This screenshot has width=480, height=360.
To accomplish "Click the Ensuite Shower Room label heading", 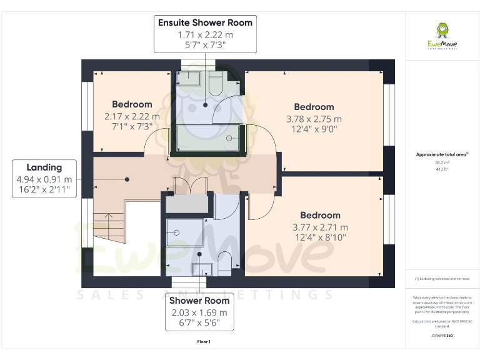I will [x=205, y=22].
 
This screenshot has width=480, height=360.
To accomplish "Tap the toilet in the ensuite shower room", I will [x=216, y=82].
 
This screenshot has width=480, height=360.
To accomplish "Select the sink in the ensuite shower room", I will [x=189, y=79].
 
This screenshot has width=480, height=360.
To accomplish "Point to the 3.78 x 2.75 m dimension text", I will [x=314, y=119].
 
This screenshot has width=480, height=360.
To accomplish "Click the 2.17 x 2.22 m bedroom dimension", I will [x=132, y=116].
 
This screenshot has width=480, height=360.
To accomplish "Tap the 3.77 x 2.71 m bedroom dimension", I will [x=320, y=227].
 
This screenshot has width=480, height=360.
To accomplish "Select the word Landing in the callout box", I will [x=44, y=167].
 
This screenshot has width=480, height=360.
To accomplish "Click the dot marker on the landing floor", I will [x=127, y=179].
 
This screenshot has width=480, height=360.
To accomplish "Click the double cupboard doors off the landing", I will [x=189, y=186].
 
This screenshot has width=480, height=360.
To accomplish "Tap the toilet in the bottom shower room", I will [x=224, y=261].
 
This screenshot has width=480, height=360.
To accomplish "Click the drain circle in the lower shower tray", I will [x=176, y=231].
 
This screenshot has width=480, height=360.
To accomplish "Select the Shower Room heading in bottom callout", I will [x=199, y=301].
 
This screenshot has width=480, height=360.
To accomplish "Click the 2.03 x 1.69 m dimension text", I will [x=199, y=312].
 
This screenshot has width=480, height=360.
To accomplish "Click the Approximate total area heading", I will [x=441, y=154].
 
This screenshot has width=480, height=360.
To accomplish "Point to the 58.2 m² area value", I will [x=441, y=162].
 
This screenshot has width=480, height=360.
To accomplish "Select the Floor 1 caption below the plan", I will [x=204, y=342].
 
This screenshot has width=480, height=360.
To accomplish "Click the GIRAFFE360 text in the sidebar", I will [x=441, y=336].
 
